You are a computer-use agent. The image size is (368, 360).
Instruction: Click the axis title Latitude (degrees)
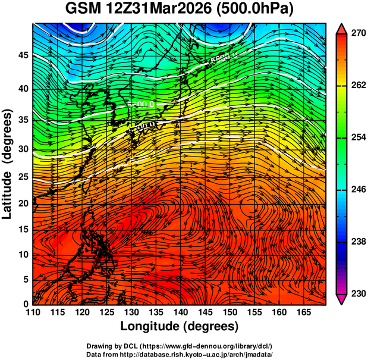tap(8, 164)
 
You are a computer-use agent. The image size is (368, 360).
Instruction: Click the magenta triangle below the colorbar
tap(341, 299)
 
